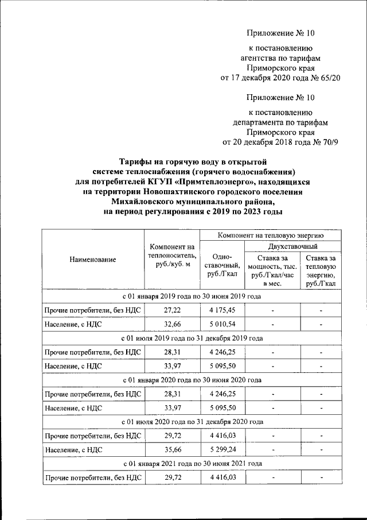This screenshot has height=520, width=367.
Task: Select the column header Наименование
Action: [92, 259]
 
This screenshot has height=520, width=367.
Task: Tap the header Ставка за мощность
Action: [272, 271]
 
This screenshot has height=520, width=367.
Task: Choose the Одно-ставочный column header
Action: [221, 265]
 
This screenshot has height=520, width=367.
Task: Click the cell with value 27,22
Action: [171, 311]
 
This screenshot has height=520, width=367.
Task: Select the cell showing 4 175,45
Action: [221, 311]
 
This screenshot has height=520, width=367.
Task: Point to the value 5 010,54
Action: [221, 325]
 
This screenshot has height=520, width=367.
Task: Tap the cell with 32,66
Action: [171, 325]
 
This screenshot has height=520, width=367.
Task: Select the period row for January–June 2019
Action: [192, 296]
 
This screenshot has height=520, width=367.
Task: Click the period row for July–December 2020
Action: [192, 422]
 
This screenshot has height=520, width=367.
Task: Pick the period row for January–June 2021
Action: [192, 463]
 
